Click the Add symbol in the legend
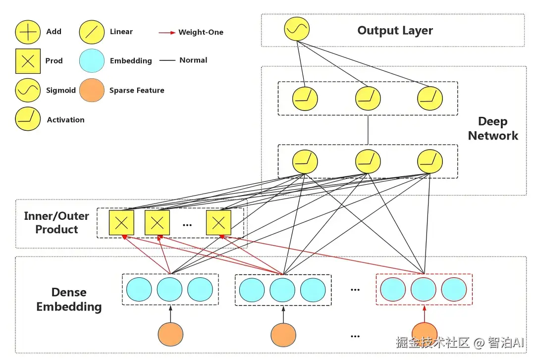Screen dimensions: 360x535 coord(28,32)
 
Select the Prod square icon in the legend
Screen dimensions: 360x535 coord(28,60)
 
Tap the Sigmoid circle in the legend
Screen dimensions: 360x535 coord(28,90)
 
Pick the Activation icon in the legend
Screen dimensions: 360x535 coord(28,119)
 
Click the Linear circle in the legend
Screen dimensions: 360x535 coord(92,32)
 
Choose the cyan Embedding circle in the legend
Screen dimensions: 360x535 coord(92,60)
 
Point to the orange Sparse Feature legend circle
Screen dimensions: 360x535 coord(92,90)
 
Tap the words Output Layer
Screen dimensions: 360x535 coord(395,31)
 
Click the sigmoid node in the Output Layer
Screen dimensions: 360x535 coord(297,29)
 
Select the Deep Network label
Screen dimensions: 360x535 coord(492,129)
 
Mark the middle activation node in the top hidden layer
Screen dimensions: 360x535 coord(368,98)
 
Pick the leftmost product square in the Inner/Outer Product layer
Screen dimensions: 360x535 coord(121,223)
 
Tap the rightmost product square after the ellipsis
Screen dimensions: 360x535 coord(218,223)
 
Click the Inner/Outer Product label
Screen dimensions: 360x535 coord(56,223)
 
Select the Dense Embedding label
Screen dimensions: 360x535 coord(69,300)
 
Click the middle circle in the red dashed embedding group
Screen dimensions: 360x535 coord(424,290)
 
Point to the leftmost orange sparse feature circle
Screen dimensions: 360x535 coord(170,334)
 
